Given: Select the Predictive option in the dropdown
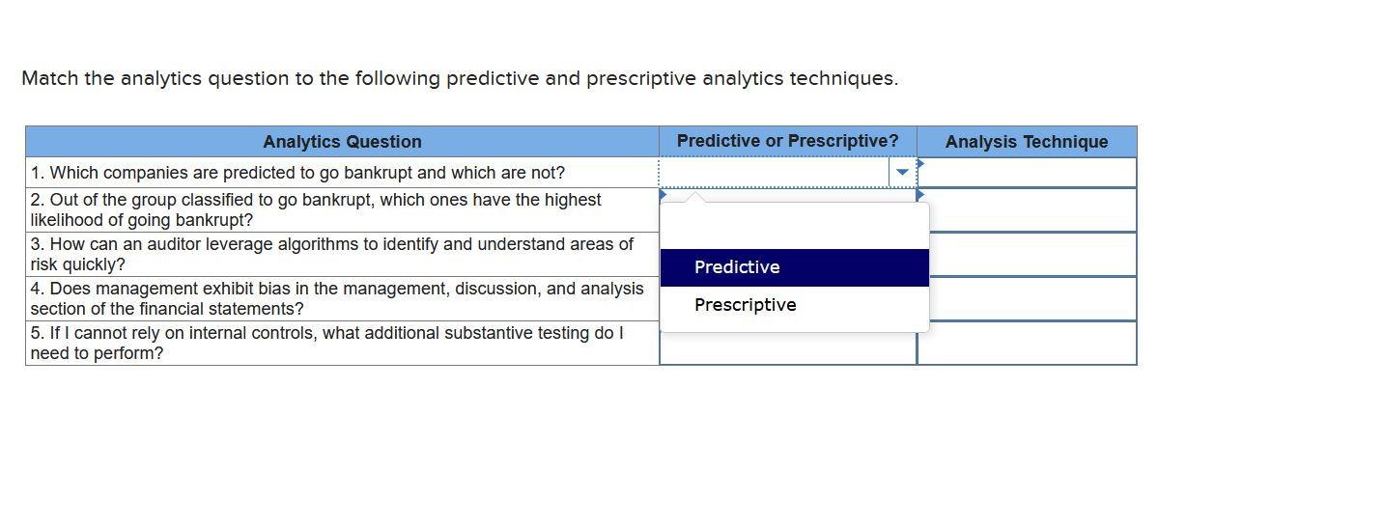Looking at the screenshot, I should [737, 267].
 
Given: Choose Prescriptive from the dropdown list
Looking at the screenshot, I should [745, 305].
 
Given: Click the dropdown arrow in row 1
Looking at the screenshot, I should [902, 173].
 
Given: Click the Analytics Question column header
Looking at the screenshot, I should [342, 142].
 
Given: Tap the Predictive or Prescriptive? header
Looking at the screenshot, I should [787, 141].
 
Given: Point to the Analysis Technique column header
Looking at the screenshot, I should [1026, 142].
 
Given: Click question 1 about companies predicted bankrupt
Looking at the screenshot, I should [297, 173].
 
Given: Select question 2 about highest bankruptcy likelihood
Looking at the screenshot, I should [316, 209].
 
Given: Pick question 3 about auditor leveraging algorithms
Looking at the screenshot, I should [331, 254].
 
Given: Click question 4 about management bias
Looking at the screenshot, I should [336, 298].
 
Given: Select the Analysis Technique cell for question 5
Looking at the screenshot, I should [1027, 344].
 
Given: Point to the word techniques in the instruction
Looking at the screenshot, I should [843, 78].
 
